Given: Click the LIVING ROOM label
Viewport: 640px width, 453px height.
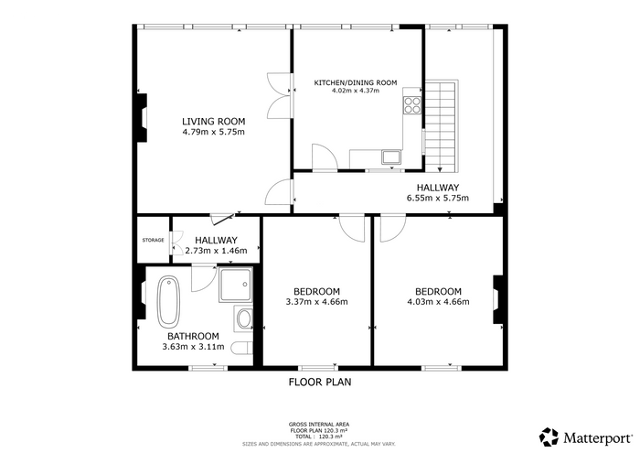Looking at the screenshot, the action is pos(213,122).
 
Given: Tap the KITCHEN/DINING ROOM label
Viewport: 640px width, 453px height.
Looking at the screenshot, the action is pos(355,83).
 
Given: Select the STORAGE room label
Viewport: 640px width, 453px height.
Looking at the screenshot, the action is pos(153,240).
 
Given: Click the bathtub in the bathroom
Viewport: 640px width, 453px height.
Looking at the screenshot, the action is pos(168,302).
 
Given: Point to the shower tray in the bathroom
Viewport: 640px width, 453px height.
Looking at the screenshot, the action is pos(236,286).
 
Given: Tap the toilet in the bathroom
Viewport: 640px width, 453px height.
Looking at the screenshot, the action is pos(241,349).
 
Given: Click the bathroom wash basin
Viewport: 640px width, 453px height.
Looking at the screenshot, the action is pos(244,318).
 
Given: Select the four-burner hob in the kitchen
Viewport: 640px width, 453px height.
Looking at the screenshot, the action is pos(411,105).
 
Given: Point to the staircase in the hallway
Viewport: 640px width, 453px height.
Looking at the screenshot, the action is pos(442,126).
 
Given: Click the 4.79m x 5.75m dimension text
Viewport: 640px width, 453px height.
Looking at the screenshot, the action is pos(213,132).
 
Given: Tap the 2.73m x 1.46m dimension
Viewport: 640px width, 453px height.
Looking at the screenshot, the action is pos(216,251).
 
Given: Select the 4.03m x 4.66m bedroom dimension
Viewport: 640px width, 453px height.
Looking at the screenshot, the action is pos(438,302).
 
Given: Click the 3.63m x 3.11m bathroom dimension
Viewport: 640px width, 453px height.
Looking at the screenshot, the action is pos(193,347).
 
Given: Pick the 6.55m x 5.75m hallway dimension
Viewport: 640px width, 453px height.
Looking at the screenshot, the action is pos(438,199).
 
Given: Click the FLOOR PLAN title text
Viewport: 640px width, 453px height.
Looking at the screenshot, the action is pos(320,383).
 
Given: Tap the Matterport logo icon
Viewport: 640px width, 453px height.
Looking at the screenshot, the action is pos(549,437).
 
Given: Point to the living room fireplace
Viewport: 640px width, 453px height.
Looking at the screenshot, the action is pos(142,118).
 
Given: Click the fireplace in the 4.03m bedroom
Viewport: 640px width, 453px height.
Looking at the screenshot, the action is pos(498,299).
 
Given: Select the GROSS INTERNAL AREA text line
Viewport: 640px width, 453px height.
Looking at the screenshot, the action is pos(319,425).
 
